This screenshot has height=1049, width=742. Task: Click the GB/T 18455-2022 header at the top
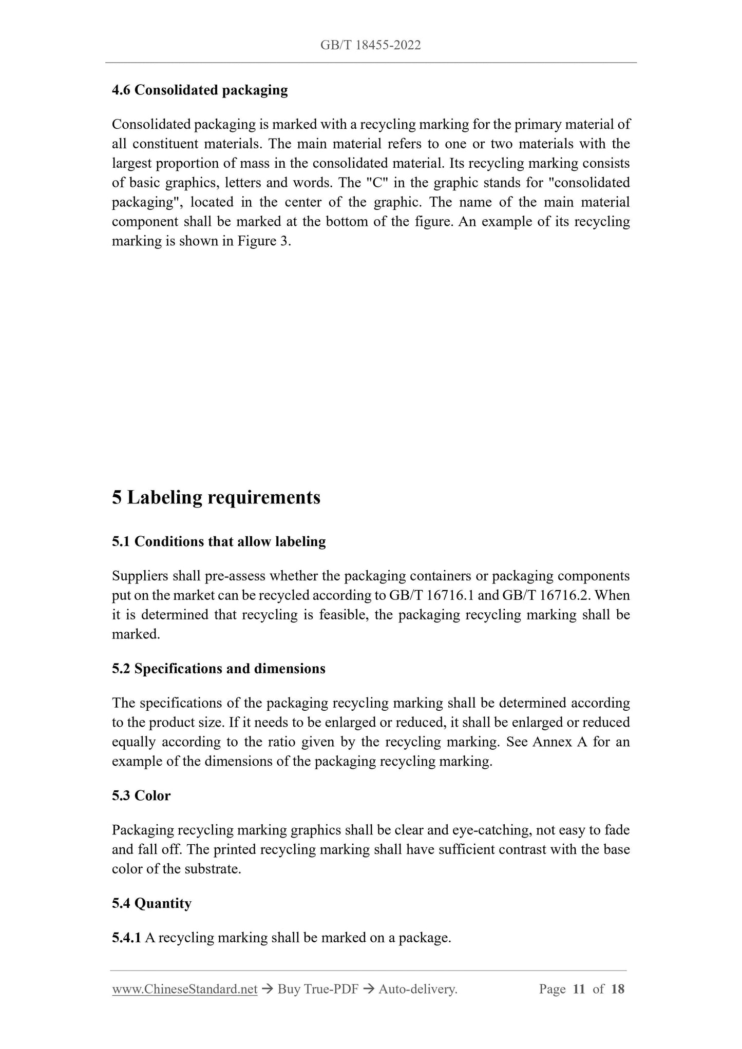(x=370, y=45)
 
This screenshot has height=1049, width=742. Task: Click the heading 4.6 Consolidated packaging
(x=200, y=90)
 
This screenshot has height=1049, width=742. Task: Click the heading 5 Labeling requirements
(x=216, y=497)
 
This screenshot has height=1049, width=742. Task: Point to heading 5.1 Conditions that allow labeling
(x=219, y=541)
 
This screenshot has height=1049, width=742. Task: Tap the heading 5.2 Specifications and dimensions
(x=219, y=669)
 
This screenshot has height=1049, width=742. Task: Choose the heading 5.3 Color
(x=141, y=795)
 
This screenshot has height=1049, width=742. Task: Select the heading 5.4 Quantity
(x=151, y=903)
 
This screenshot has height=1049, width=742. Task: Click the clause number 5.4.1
(x=126, y=938)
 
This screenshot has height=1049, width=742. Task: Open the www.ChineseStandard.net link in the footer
(x=184, y=989)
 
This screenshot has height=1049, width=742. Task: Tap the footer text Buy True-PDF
(x=317, y=989)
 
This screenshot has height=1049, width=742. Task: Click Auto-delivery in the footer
(x=417, y=989)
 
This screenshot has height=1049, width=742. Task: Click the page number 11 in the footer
(x=579, y=989)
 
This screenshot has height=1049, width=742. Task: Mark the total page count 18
(x=618, y=989)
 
